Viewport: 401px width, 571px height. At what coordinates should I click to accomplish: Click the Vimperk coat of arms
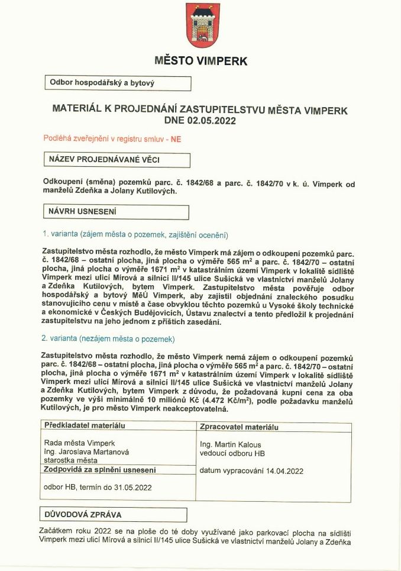pyautogui.click(x=200, y=25)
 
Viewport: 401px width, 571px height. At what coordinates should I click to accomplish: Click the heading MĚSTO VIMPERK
pyautogui.click(x=200, y=60)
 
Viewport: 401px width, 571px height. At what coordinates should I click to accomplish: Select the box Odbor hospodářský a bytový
pyautogui.click(x=117, y=83)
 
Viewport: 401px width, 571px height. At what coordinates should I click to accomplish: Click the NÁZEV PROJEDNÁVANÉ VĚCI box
pyautogui.click(x=117, y=160)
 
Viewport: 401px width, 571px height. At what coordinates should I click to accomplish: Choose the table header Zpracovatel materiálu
pyautogui.click(x=239, y=427)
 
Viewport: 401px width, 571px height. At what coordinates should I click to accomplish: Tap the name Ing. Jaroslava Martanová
pyautogui.click(x=86, y=451)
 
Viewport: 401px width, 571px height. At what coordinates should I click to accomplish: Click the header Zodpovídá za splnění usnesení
pyautogui.click(x=101, y=470)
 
